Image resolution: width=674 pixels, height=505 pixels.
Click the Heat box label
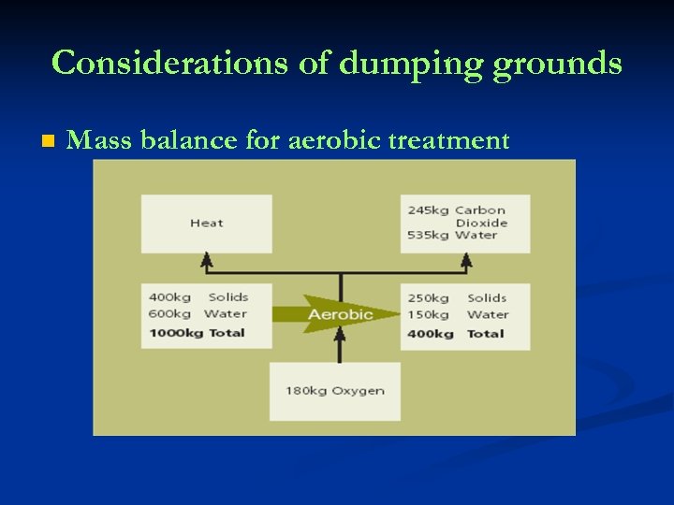206,224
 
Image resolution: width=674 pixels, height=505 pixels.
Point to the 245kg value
428,210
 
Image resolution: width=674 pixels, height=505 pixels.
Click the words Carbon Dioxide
481,216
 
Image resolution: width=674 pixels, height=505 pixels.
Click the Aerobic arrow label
340,314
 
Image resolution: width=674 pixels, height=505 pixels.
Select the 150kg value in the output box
428,315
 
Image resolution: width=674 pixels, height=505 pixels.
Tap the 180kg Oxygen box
334,391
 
